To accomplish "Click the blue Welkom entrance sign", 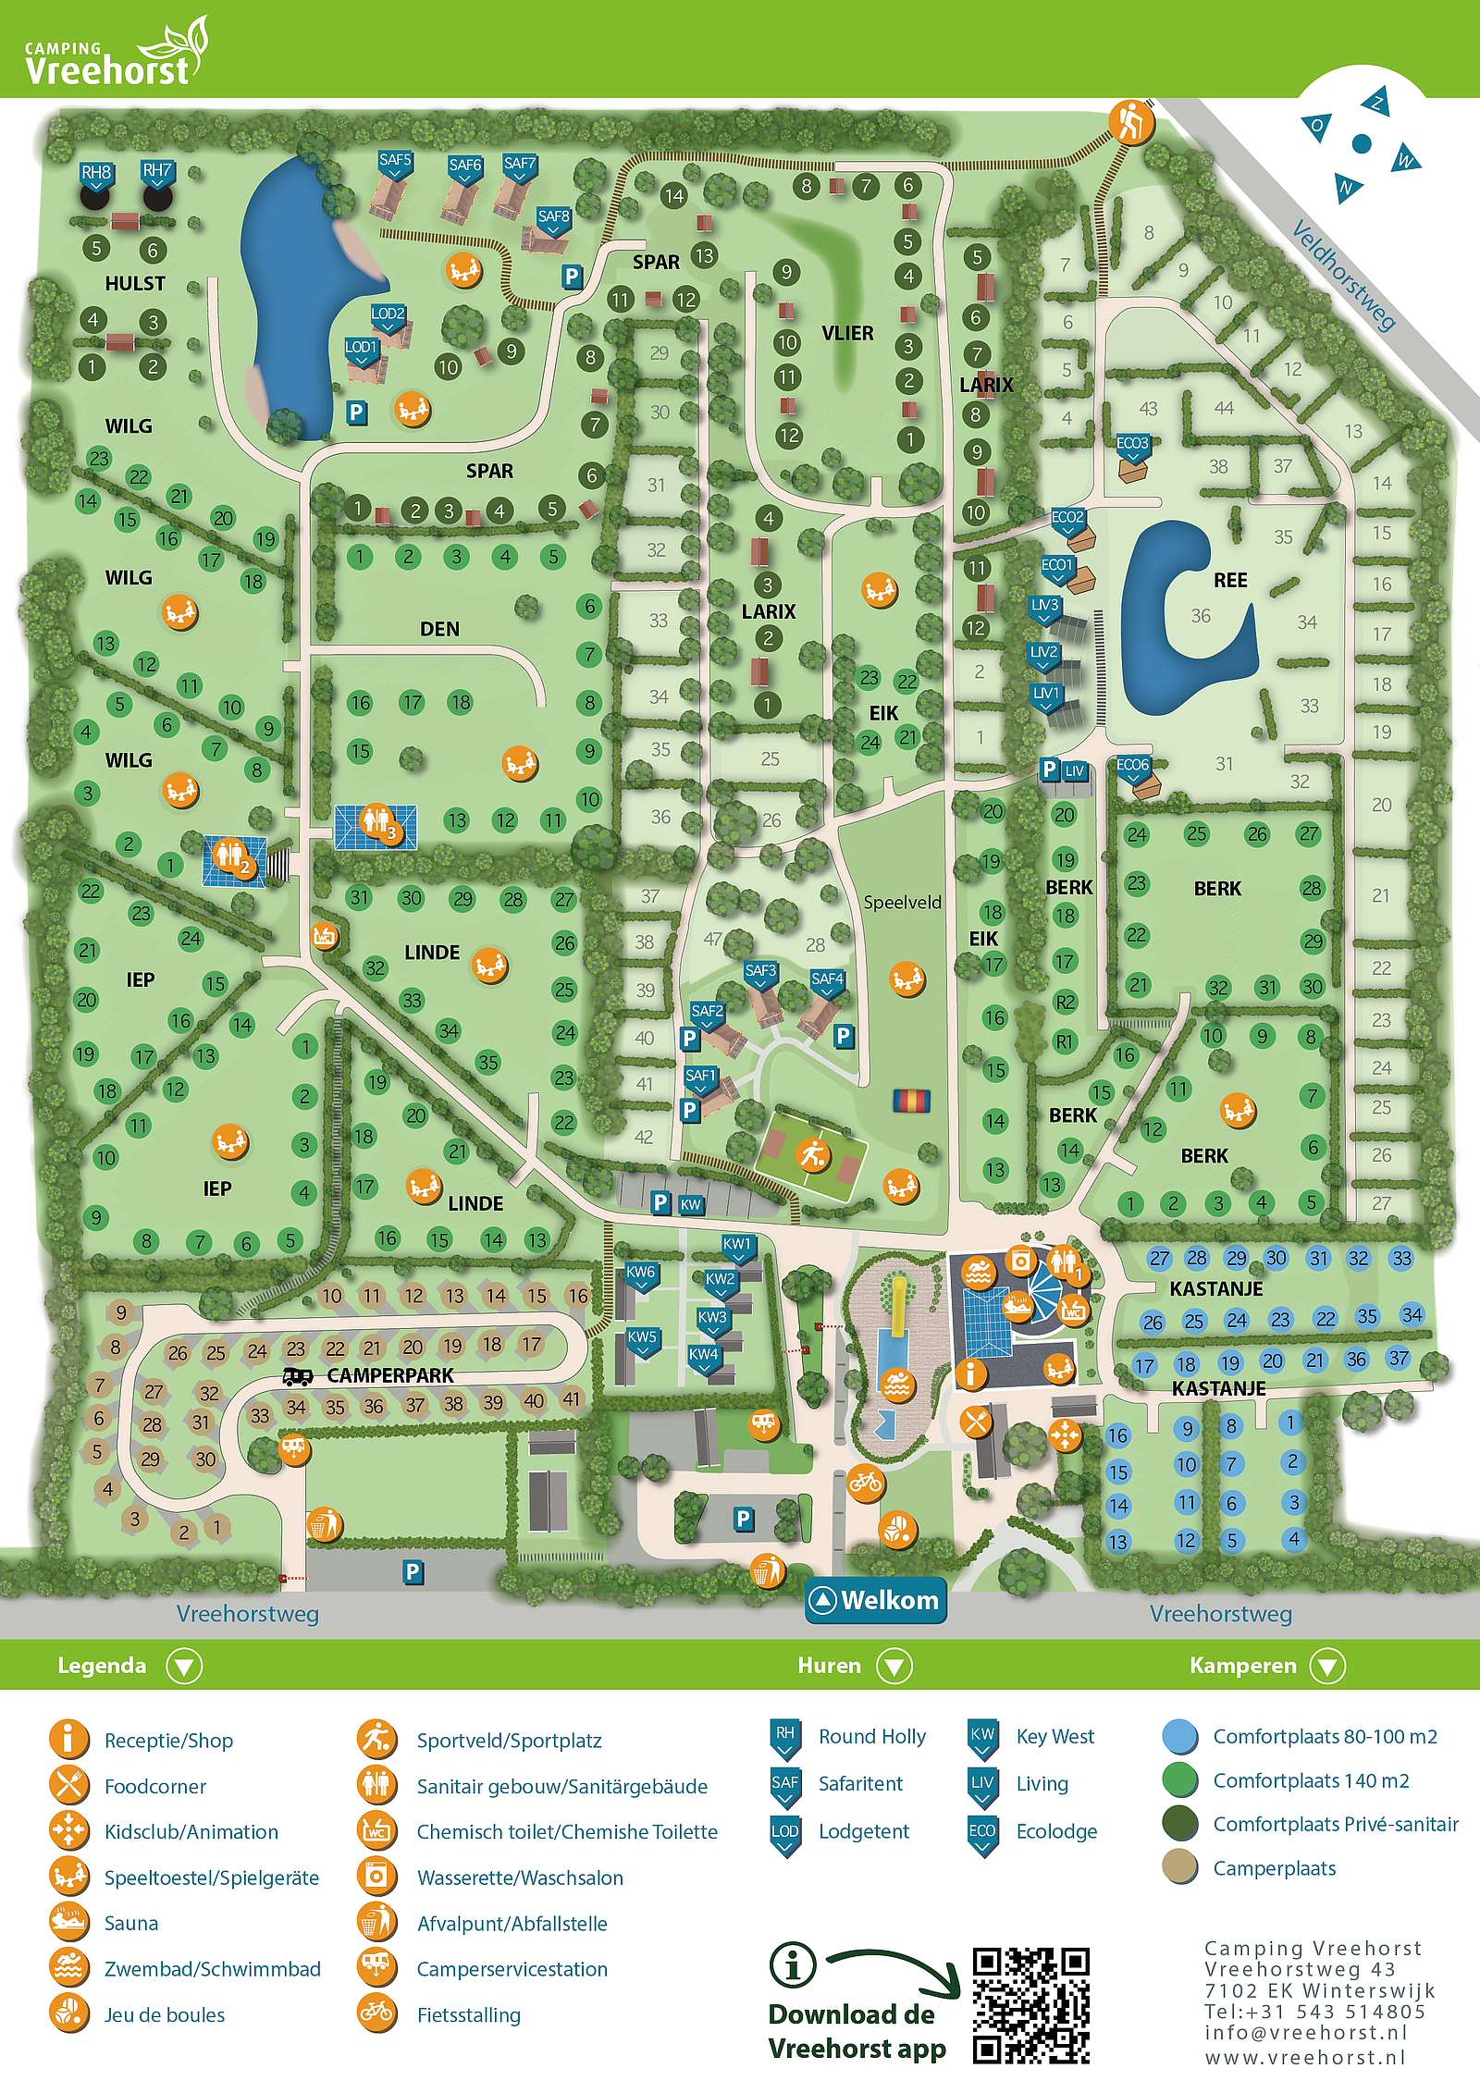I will [876, 1600].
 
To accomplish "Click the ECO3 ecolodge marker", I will [1132, 445].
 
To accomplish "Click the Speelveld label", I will [902, 902].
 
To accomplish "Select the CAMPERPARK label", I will [389, 1375].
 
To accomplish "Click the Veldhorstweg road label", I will [1343, 275].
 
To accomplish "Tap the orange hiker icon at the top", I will [1131, 121].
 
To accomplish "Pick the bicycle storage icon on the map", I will [865, 1484].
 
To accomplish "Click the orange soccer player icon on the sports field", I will [813, 1155].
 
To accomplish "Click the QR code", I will [1030, 2006].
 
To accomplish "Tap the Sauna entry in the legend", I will [130, 1923].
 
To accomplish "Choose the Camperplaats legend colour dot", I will [1180, 1867].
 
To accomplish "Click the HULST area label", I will [135, 284].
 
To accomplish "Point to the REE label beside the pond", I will [1230, 581].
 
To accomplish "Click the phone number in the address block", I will [1313, 2012].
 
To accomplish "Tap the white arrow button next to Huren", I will [894, 1666].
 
